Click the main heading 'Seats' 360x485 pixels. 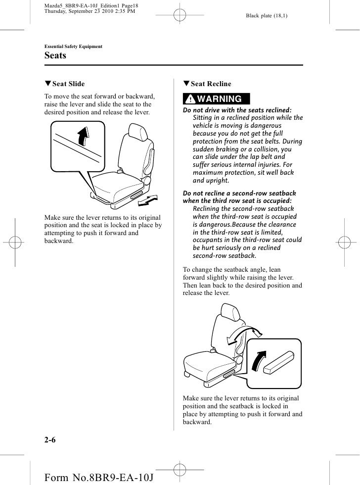pos(55,56)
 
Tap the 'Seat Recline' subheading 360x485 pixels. pos(210,84)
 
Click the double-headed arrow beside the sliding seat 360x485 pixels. pos(148,199)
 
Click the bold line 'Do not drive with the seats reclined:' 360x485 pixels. pos(237,110)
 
